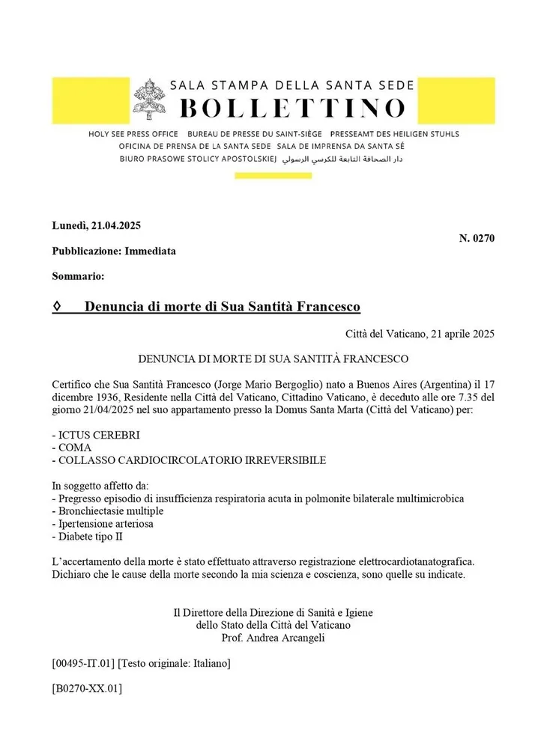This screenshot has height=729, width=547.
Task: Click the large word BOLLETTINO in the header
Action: [x=293, y=108]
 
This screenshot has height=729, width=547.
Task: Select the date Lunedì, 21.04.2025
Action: [x=97, y=225]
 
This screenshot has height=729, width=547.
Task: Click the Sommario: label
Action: [x=78, y=276]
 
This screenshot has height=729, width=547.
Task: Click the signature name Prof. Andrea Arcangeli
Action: [x=273, y=638]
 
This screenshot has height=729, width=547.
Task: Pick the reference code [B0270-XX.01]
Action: [x=87, y=688]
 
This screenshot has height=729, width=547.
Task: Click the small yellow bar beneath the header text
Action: [x=273, y=176]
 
